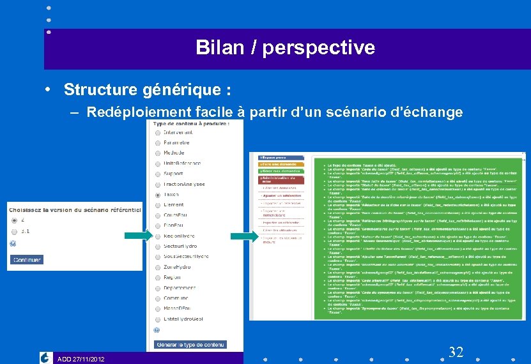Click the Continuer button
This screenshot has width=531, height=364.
27,260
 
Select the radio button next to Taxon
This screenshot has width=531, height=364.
157,195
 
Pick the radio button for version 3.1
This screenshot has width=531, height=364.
13,231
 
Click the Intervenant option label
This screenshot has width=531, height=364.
178,132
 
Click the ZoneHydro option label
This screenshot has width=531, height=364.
177,267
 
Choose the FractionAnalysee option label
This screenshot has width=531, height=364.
184,184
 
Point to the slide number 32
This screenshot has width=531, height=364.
456,352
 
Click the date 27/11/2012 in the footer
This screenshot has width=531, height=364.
89,359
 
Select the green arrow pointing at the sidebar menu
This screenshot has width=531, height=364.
244,236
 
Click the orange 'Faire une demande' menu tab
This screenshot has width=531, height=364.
281,164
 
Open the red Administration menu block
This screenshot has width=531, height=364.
281,179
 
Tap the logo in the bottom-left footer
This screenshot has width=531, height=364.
45,358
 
